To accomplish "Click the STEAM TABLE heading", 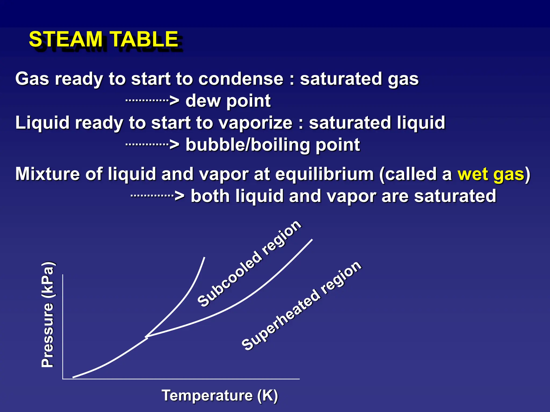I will [x=103, y=39].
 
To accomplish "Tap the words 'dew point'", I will [x=228, y=101].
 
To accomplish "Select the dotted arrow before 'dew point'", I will [x=152, y=101].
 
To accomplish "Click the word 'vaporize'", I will [x=255, y=123].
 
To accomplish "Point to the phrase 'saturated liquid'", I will [x=377, y=123].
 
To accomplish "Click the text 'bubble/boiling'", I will [x=248, y=145].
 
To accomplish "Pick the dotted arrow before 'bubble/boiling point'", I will [x=152, y=145].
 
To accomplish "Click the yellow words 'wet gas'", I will [x=491, y=174].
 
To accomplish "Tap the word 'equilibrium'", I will [x=324, y=174].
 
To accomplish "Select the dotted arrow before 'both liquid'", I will [x=157, y=196].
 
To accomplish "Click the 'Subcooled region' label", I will [x=249, y=263].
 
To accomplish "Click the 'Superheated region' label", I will [x=301, y=306].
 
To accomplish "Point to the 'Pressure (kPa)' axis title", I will [x=48, y=314].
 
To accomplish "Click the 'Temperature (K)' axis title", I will [x=219, y=395].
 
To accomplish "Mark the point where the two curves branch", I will [x=147, y=337].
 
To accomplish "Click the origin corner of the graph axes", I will [x=63, y=379].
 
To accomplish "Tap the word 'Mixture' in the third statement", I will [x=47, y=174].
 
